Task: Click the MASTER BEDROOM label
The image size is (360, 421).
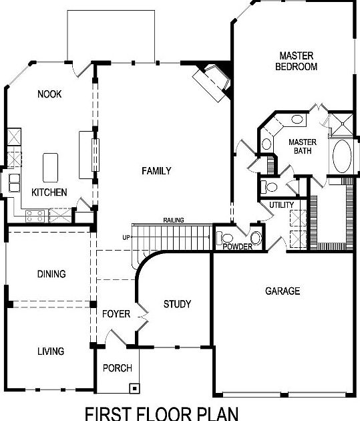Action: [298, 61]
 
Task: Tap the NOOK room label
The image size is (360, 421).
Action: [49, 94]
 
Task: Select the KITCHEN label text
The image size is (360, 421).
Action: [49, 192]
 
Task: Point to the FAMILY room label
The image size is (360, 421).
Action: [156, 171]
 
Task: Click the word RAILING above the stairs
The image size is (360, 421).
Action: [173, 221]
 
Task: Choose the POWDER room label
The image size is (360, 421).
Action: [238, 247]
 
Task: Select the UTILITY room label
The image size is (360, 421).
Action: [281, 204]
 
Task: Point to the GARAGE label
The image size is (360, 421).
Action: [283, 291]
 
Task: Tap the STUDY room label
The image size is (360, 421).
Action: [177, 304]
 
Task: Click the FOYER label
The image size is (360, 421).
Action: [116, 313]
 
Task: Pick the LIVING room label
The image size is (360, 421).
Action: [51, 351]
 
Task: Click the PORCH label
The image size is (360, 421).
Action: [117, 368]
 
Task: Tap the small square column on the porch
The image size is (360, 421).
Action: [135, 387]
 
